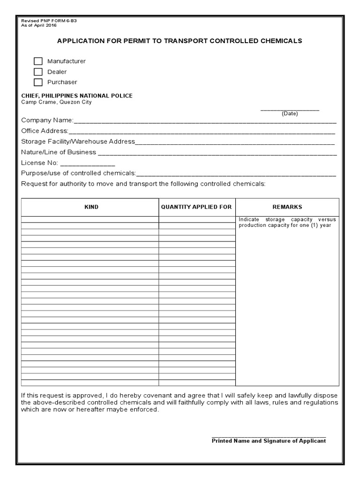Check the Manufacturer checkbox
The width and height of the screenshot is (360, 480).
coord(38,61)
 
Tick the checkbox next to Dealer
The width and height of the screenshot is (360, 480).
coord(38,72)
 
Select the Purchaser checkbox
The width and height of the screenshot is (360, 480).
coord(38,82)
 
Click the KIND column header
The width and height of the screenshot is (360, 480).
coord(91,207)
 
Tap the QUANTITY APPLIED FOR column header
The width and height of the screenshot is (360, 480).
coord(196,207)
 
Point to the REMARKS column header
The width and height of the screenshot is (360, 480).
coord(287,207)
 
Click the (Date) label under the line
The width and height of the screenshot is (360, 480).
coord(289,114)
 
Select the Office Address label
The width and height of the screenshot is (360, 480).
coord(45,131)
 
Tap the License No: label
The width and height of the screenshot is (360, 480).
coord(39,163)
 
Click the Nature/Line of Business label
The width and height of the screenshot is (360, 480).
coord(59,152)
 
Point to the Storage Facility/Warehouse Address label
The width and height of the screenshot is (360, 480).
coord(78,142)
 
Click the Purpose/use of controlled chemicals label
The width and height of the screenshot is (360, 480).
coord(78,173)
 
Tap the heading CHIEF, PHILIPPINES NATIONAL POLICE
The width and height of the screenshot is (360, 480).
coord(77,96)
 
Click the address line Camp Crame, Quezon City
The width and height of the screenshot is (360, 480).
coord(56,102)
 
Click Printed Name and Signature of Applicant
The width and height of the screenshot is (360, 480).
coord(269,441)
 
